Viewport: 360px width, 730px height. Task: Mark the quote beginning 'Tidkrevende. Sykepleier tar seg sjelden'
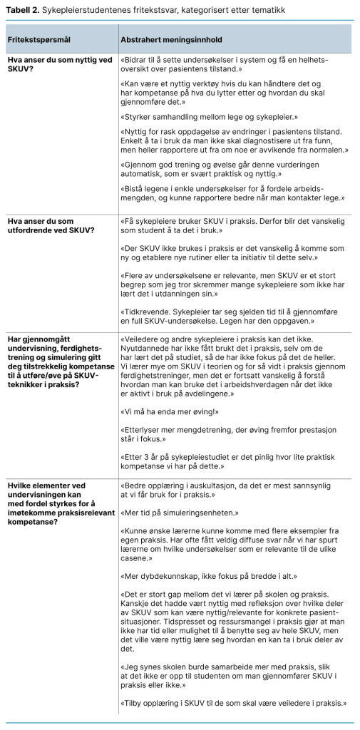tap(229, 317)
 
